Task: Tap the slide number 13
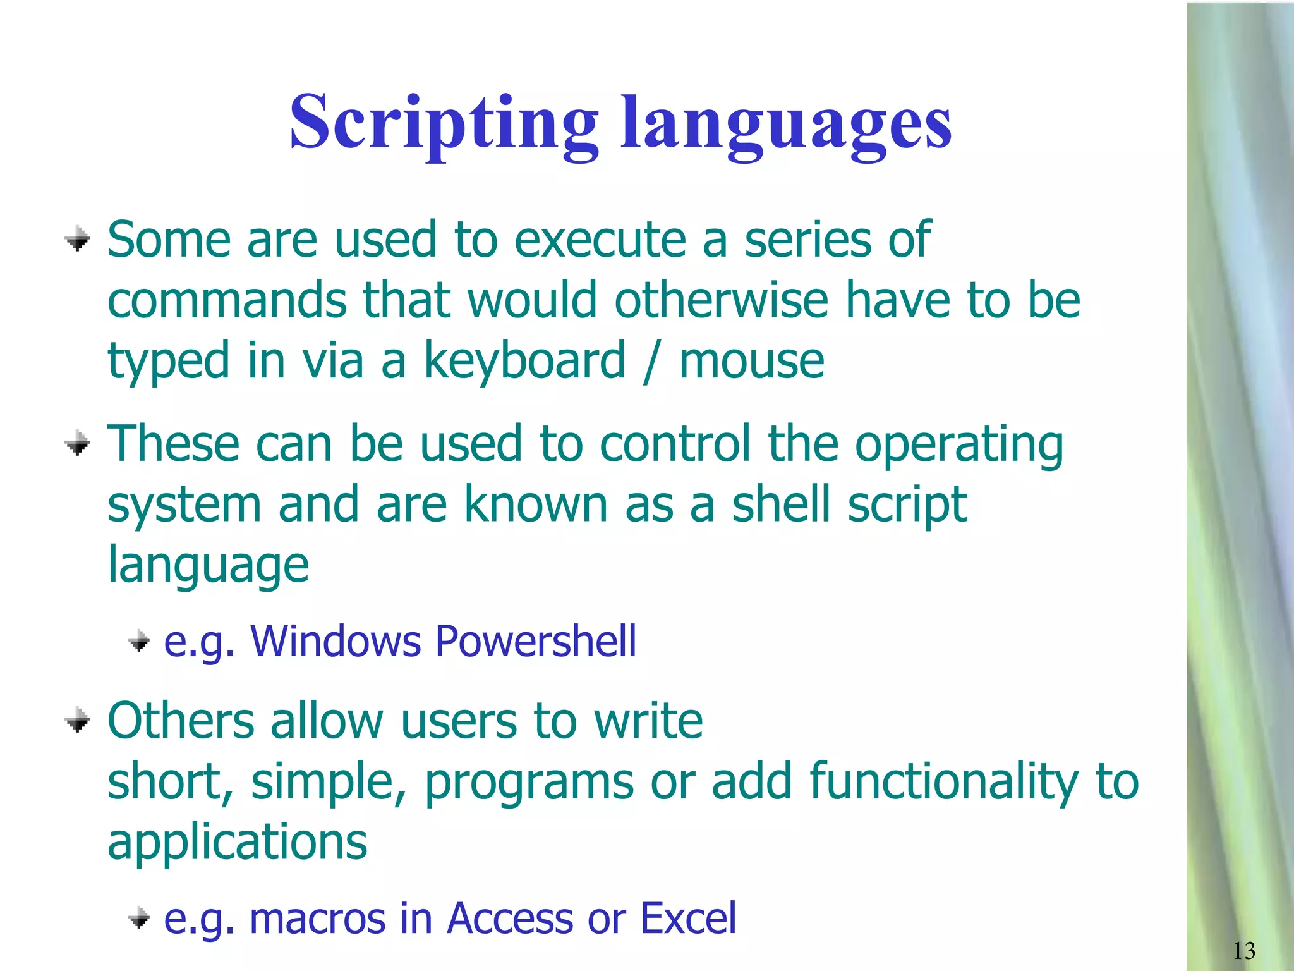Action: (x=1243, y=951)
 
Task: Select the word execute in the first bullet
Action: (x=600, y=240)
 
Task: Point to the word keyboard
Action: (x=524, y=361)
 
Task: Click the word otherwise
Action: (x=721, y=300)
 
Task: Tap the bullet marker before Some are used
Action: (x=78, y=240)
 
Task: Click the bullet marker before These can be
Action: (x=78, y=444)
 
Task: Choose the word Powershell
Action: (x=536, y=641)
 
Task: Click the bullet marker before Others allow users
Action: (x=78, y=721)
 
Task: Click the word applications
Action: (x=237, y=843)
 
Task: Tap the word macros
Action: (x=317, y=919)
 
